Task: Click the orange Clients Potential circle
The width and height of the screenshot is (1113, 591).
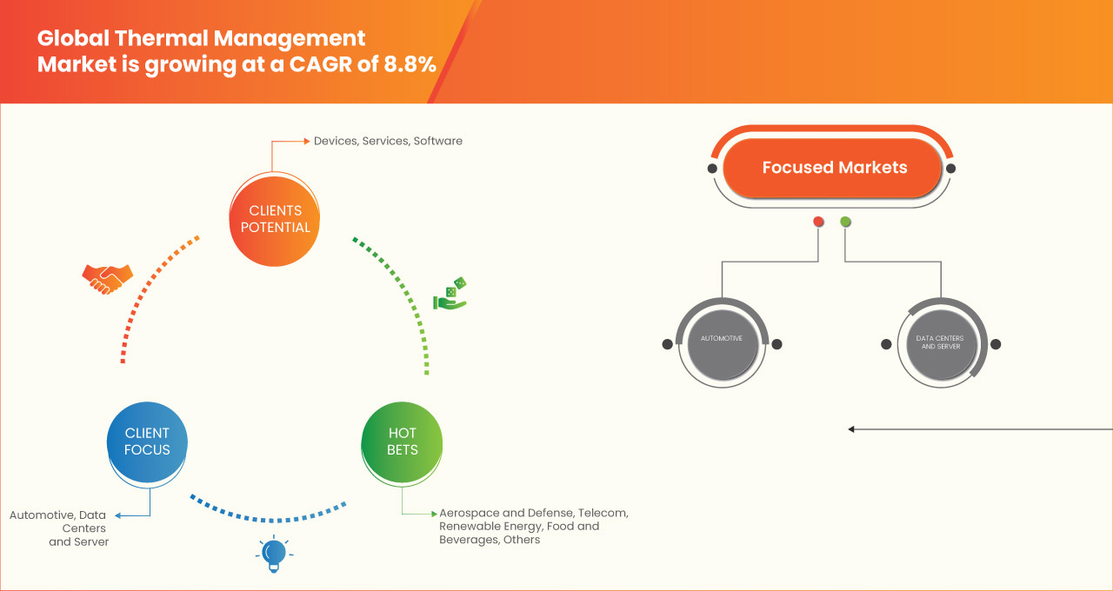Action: pos(275,219)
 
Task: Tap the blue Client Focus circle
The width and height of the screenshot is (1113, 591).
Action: pos(147,442)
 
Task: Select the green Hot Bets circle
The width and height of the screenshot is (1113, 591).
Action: pos(402,442)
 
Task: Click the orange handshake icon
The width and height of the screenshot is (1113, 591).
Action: pos(107,278)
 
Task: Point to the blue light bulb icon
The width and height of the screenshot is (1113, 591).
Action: pos(274,554)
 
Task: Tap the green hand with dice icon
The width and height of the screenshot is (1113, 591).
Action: pos(450,295)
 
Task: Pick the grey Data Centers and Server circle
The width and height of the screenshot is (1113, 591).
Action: pos(940,342)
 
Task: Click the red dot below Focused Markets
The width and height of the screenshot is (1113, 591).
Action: pos(818,222)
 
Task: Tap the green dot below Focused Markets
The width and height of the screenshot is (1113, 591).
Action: pos(845,222)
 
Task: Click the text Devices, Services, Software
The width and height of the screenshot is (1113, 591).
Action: pos(388,141)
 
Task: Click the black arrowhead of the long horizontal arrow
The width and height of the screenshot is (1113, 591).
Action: pos(852,429)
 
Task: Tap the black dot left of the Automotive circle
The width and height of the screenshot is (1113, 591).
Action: pos(667,344)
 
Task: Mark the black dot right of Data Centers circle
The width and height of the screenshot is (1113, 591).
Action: pos(996,344)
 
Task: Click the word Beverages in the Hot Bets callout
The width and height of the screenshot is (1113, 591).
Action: pos(468,541)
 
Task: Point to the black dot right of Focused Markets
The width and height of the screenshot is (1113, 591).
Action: pos(950,168)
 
